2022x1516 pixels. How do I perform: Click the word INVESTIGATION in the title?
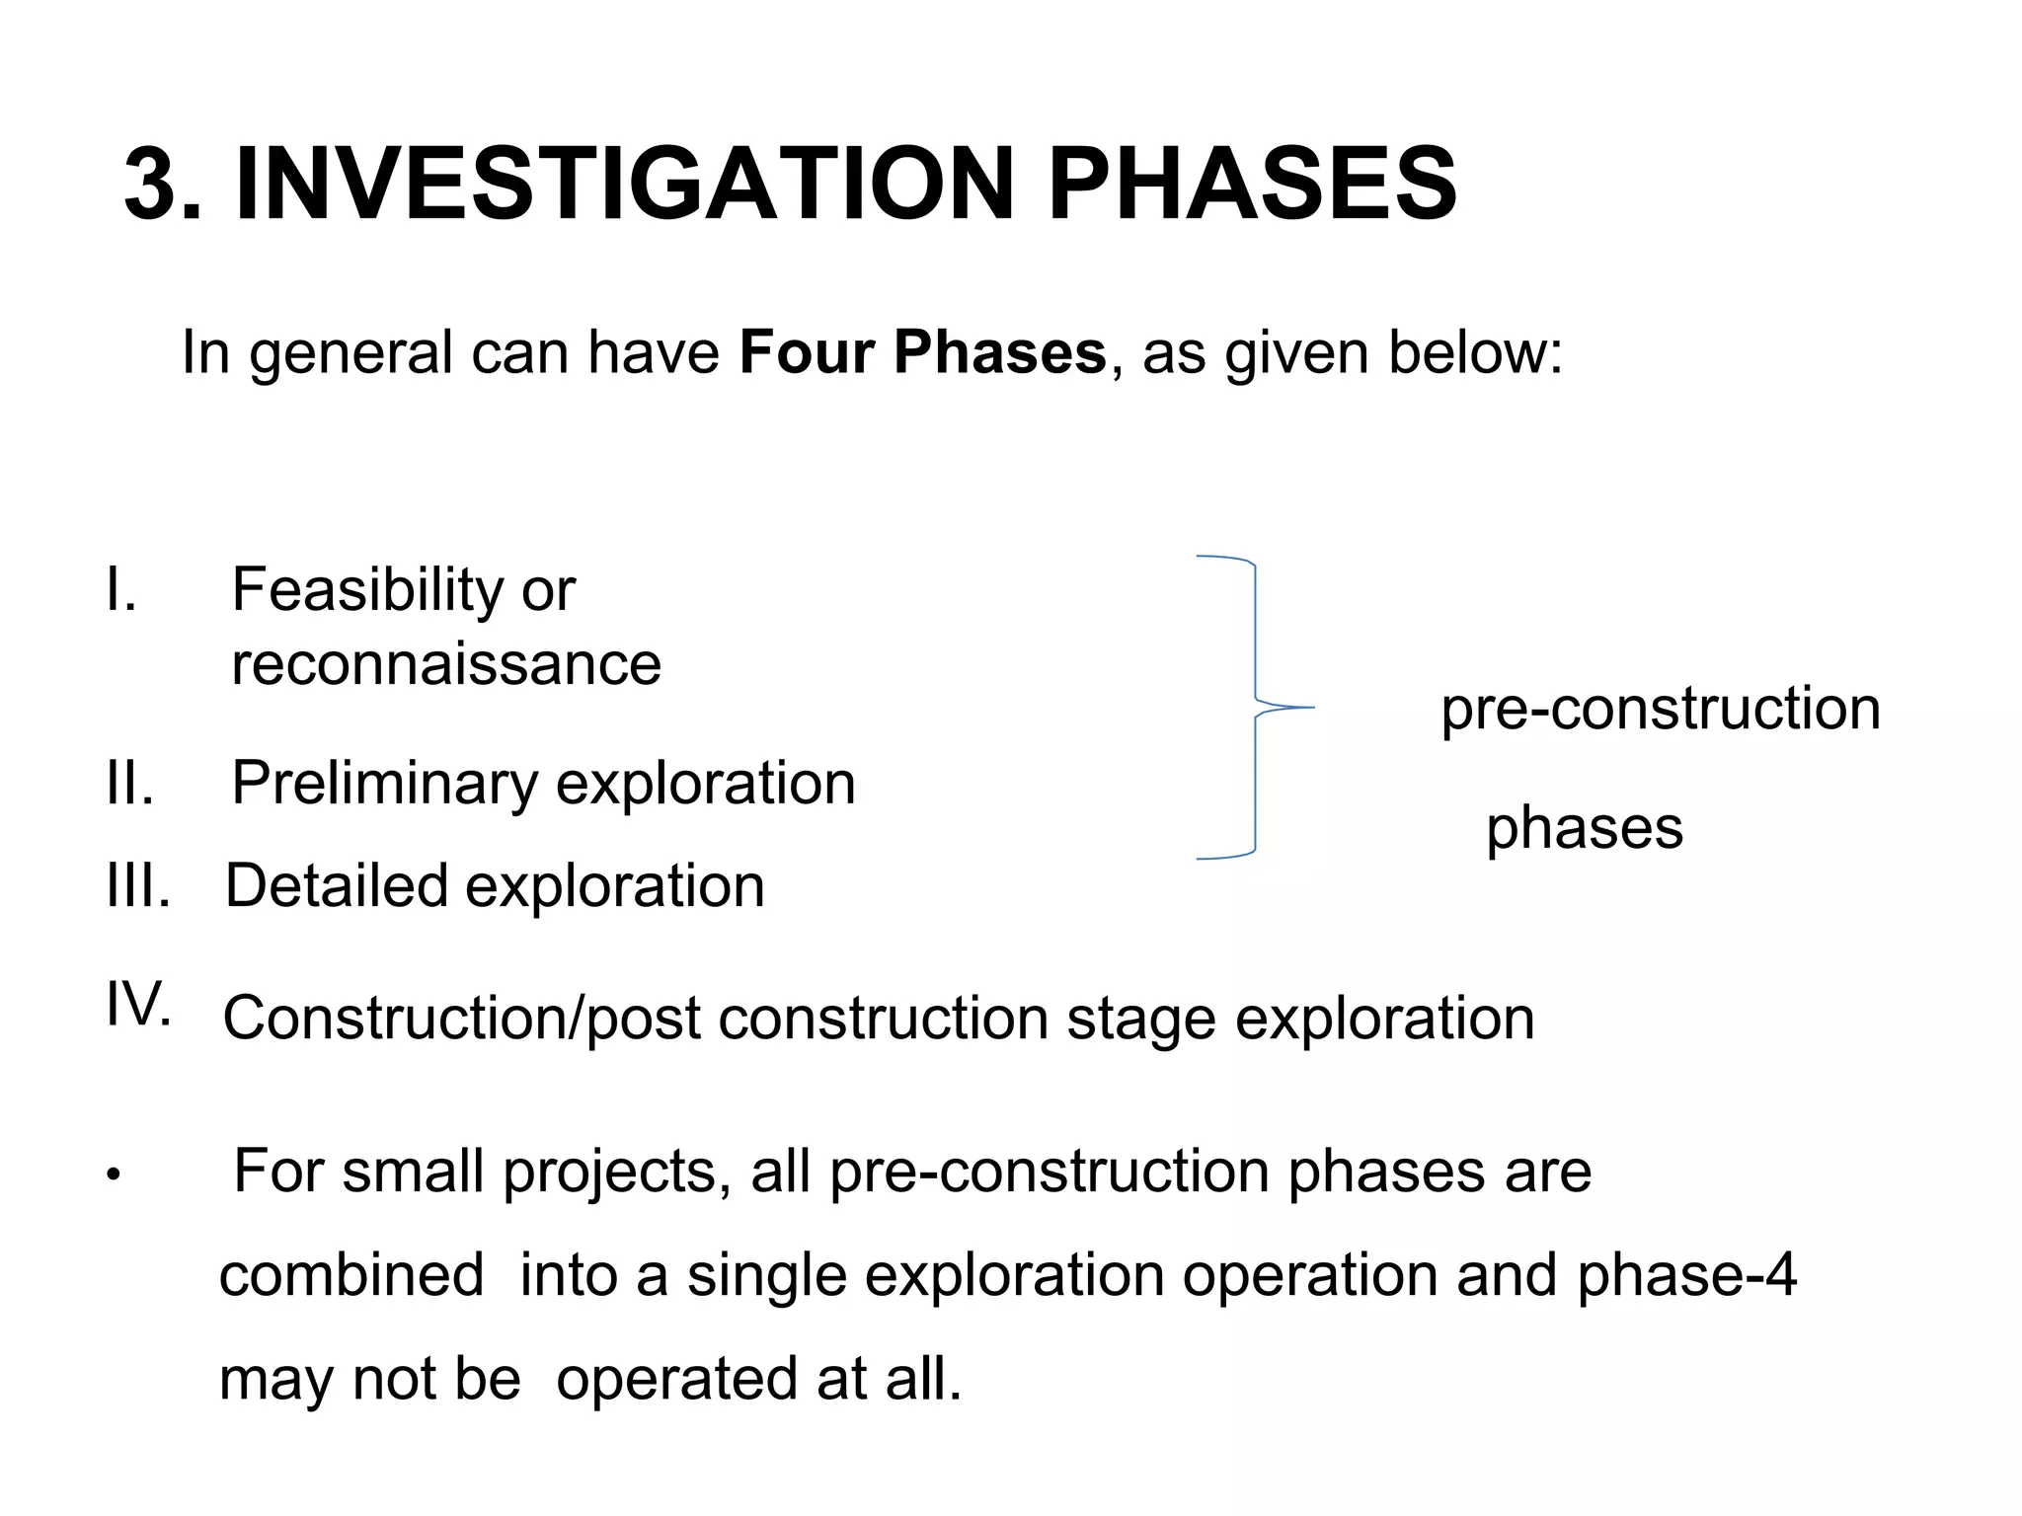[625, 185]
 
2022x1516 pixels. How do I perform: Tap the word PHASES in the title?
[1251, 185]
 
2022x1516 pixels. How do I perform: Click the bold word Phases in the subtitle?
[999, 352]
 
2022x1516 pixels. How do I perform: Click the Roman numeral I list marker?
[120, 590]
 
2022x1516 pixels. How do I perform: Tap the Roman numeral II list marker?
[129, 784]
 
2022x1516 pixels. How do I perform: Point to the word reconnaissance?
[446, 664]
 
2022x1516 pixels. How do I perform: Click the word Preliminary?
[384, 784]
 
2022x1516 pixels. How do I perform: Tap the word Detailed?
[336, 886]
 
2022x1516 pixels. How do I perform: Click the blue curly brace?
[1255, 708]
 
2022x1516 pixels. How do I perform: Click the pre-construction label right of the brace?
[1661, 709]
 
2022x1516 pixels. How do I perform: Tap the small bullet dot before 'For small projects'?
[115, 1175]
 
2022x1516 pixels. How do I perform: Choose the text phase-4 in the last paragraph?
[1686, 1275]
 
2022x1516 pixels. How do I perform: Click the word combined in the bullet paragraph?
[351, 1275]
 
